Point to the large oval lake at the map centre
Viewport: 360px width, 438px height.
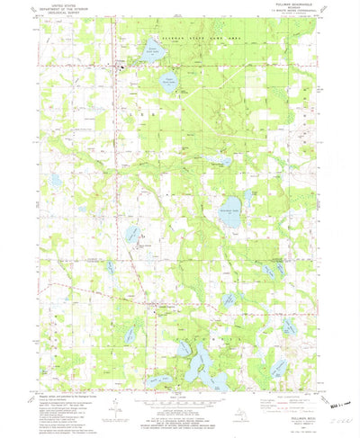[x=232, y=212]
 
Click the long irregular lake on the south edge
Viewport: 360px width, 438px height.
[x=203, y=364]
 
